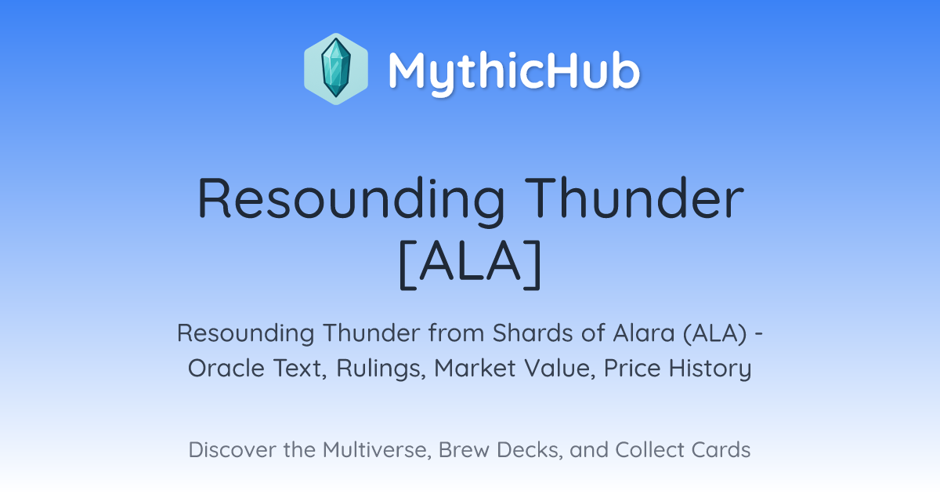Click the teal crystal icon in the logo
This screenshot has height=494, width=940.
point(336,68)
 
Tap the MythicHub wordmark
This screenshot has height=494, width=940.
point(514,72)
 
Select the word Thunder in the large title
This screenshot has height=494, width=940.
point(634,198)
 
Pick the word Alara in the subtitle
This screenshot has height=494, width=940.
point(643,333)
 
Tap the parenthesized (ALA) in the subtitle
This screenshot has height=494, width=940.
point(714,333)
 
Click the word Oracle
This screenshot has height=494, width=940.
point(226,369)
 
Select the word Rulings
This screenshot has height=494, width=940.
point(381,369)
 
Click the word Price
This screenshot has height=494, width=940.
point(632,369)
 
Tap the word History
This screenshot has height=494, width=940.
point(710,369)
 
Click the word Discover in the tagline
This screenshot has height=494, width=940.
point(232,450)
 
